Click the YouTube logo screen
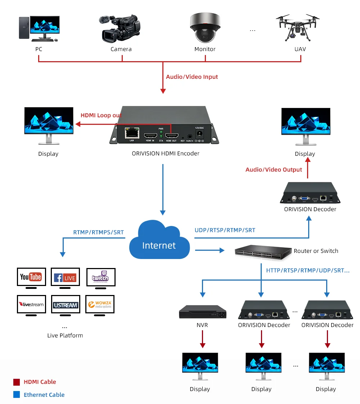click(x=31, y=277)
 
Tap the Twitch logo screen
click(x=100, y=277)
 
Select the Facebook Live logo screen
click(x=65, y=277)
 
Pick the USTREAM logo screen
click(x=65, y=305)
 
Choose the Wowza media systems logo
click(x=100, y=304)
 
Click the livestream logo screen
click(x=31, y=304)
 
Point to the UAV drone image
click(x=298, y=27)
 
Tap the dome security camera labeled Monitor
click(x=205, y=28)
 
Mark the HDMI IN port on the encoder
click(x=150, y=135)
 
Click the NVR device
click(x=203, y=312)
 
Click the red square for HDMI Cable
click(x=17, y=382)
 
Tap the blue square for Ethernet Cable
click(x=17, y=395)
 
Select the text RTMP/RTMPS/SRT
click(x=98, y=232)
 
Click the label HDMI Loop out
click(x=101, y=115)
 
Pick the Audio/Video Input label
click(x=192, y=77)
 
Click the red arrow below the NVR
click(x=203, y=339)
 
